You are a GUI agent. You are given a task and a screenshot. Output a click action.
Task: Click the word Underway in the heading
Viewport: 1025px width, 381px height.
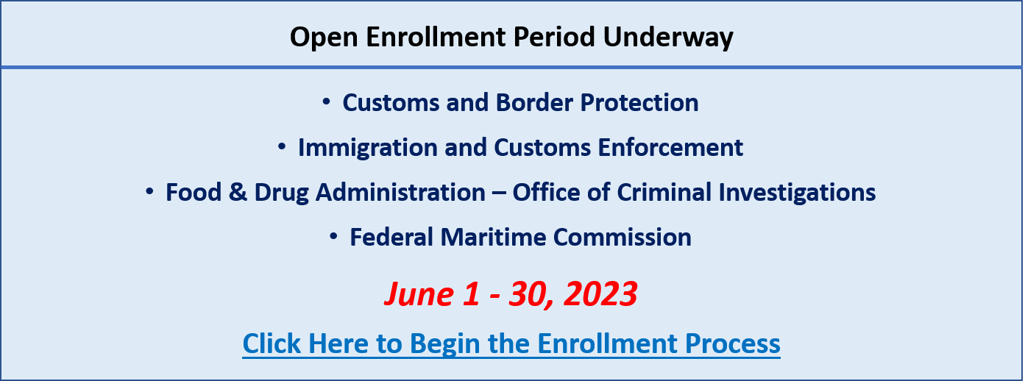click(668, 38)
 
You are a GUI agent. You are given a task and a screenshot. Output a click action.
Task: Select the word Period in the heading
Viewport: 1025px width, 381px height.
click(553, 37)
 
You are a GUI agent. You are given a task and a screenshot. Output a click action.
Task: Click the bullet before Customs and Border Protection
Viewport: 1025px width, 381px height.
click(326, 102)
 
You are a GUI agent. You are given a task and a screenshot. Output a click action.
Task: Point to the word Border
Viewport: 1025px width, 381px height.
click(534, 102)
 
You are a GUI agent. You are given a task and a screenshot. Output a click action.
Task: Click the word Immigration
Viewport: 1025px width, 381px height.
click(368, 149)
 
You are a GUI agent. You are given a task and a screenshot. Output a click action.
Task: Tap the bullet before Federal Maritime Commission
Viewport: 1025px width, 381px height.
click(333, 236)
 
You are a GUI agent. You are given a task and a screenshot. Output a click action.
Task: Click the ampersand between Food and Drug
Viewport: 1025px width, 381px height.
click(238, 192)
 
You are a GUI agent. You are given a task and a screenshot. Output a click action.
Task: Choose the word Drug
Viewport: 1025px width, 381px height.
click(281, 193)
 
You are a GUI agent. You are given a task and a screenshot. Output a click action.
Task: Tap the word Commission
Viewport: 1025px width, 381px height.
click(623, 237)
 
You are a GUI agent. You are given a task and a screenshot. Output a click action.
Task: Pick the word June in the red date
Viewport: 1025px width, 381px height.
click(420, 293)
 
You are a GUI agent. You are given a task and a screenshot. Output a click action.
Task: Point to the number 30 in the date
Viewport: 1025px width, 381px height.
click(531, 295)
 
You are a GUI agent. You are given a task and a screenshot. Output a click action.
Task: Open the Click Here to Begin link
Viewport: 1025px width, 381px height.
click(511, 343)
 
